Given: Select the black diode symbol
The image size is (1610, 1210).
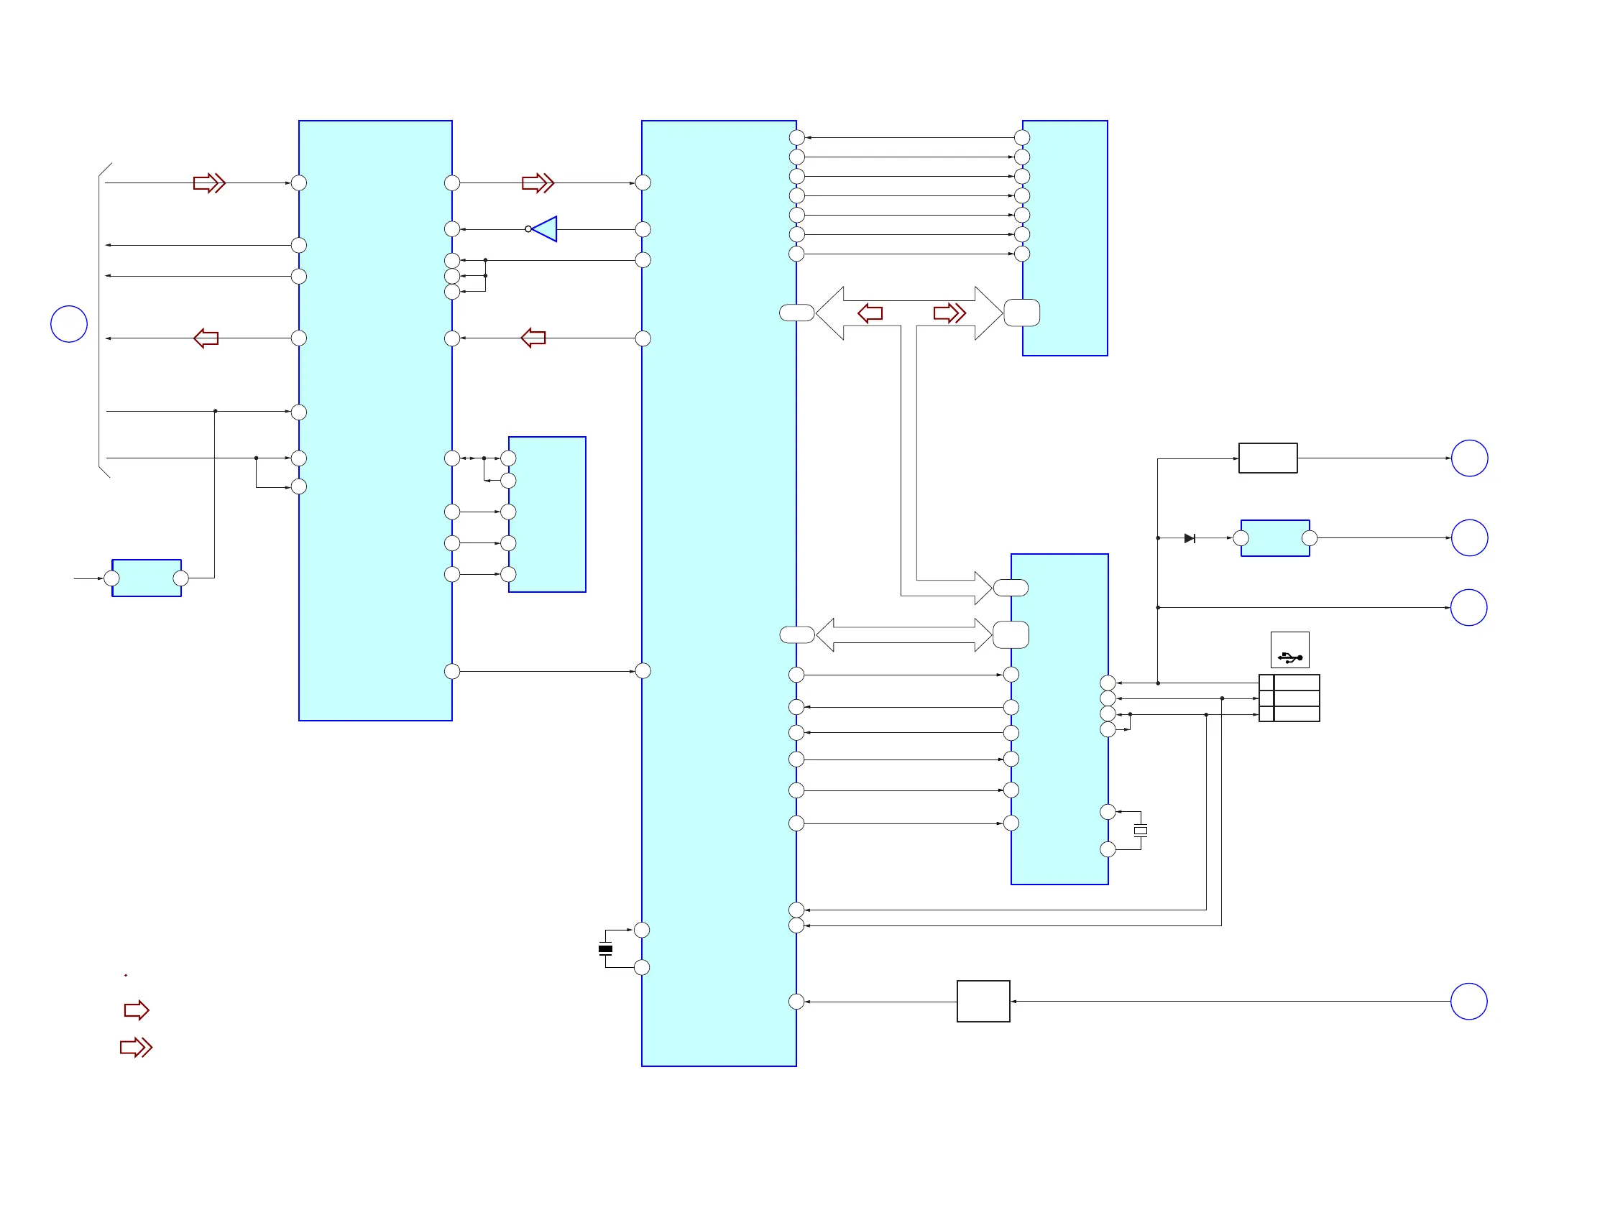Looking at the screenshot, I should point(1190,538).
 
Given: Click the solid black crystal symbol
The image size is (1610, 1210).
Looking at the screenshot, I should point(605,948).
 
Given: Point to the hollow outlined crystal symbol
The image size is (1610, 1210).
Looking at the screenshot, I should point(1141,830).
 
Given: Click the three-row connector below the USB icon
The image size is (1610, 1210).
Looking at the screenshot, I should point(1289,698).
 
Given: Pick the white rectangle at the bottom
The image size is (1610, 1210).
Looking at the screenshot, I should point(983,1001).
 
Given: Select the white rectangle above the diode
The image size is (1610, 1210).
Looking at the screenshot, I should point(1267,458).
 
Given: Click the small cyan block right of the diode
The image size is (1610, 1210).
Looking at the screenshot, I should point(1274,538).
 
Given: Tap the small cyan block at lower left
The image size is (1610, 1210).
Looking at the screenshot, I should point(147,578).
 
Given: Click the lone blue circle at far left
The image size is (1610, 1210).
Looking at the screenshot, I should point(69,324).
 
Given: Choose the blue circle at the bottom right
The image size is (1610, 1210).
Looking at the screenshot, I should point(1468,1001).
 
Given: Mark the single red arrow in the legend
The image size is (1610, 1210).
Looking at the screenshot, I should point(136,1010).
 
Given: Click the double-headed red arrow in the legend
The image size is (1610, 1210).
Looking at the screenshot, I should point(136,1048).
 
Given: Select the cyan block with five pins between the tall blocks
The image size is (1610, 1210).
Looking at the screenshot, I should point(548,514).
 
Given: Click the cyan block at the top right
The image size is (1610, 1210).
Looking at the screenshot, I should point(1065,238).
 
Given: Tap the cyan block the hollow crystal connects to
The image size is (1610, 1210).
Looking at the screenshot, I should point(1059,719).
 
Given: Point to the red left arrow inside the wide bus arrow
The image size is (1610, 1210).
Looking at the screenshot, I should point(870,313).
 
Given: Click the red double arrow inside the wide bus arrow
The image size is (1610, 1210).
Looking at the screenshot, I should point(950,313).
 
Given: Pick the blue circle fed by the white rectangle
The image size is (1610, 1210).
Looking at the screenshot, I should point(1469,458).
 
